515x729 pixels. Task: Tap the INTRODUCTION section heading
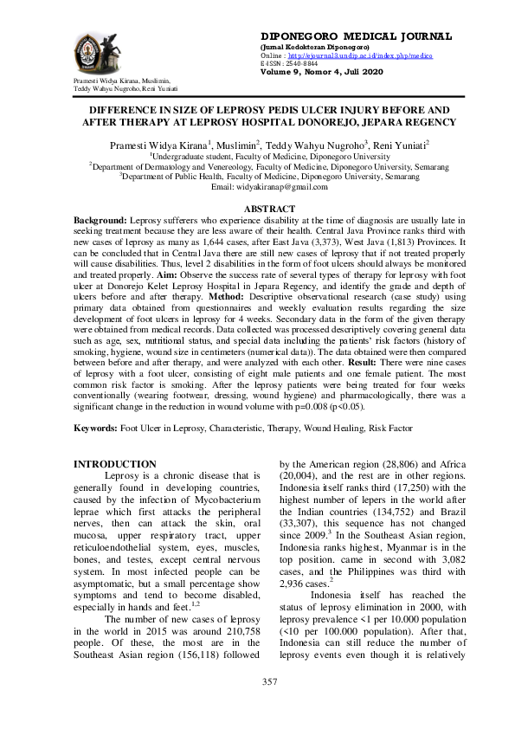pyautogui.click(x=115, y=465)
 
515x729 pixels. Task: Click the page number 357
pyautogui.click(x=269, y=682)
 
